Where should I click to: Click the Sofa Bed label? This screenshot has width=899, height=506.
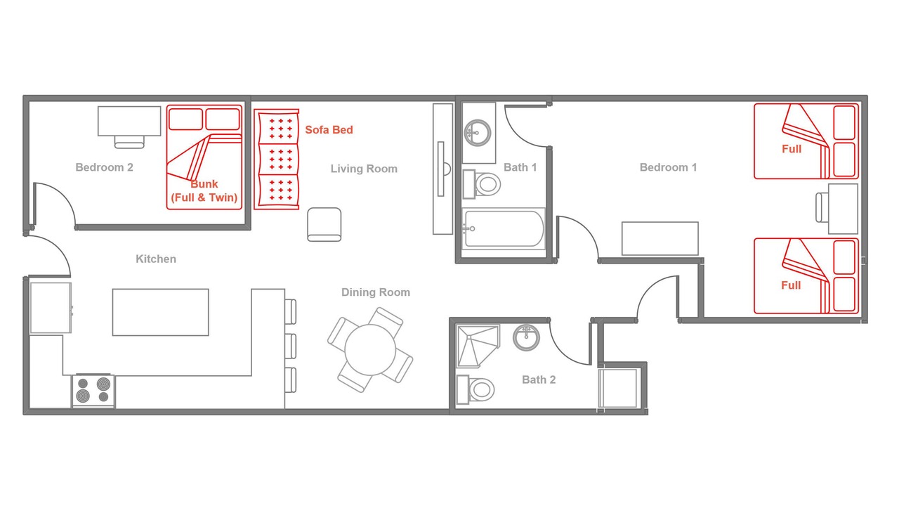(329, 130)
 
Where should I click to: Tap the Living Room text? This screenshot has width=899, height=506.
(364, 169)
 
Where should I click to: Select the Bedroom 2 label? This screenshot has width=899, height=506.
(105, 167)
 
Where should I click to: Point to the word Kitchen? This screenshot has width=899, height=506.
(156, 259)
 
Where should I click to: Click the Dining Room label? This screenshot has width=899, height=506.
(376, 292)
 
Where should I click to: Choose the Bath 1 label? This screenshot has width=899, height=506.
(520, 167)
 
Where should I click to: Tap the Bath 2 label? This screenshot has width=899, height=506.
(539, 379)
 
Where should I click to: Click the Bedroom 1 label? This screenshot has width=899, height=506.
(668, 167)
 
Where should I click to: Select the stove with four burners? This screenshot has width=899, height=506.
(93, 390)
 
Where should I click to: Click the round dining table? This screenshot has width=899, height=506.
(370, 349)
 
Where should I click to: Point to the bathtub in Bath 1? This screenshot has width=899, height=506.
(504, 229)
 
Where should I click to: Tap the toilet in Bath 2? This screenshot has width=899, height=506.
(476, 389)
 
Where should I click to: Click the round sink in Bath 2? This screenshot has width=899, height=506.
(526, 337)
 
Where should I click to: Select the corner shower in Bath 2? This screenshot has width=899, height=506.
(478, 346)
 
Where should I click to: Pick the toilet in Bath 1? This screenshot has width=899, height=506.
(482, 184)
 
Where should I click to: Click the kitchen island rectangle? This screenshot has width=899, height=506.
(161, 312)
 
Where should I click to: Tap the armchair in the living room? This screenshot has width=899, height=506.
(324, 224)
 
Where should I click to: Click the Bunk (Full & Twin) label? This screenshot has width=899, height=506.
(204, 190)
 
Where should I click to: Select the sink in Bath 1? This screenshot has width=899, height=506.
(478, 133)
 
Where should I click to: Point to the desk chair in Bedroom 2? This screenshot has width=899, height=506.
(129, 142)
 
